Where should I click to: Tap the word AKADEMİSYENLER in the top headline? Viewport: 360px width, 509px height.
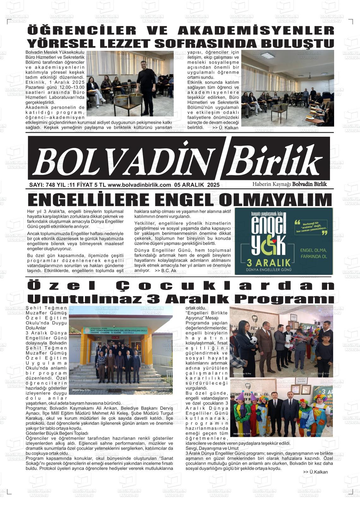pos(256,30)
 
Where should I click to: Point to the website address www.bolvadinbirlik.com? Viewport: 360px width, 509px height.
pos(139,185)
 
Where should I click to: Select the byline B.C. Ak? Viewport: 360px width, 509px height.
pos(169,271)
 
